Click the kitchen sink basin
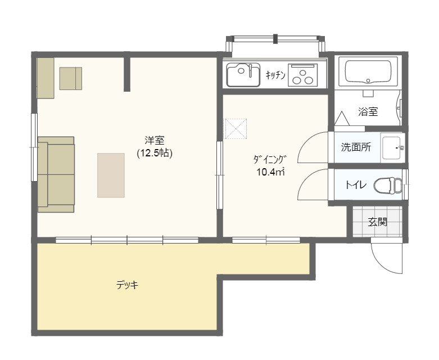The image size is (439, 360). (x=243, y=74)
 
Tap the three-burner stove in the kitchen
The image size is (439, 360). (x=302, y=74)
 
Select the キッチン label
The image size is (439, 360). (x=275, y=75)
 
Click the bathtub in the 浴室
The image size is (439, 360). (x=368, y=71)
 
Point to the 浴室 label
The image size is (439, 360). (x=368, y=112)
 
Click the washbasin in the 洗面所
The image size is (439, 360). (x=392, y=147)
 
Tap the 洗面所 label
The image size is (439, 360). (x=356, y=147)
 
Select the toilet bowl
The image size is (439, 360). (x=388, y=185)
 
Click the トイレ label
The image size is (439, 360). (x=356, y=185)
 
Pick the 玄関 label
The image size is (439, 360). (x=377, y=222)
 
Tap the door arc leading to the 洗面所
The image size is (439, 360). (x=304, y=142)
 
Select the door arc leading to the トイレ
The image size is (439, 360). (x=304, y=179)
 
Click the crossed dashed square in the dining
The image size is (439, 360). (x=236, y=129)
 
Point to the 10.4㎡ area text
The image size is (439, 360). (x=270, y=172)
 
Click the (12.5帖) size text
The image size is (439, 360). (x=154, y=153)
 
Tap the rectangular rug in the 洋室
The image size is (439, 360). (x=111, y=175)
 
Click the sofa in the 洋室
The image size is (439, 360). (x=56, y=174)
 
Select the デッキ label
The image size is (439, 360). (x=128, y=285)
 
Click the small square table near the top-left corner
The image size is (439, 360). (x=71, y=78)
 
